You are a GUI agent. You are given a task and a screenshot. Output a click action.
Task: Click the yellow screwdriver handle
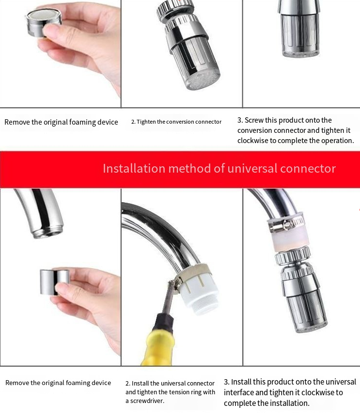click(x=157, y=347)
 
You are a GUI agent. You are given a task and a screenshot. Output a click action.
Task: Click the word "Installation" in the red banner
click(x=134, y=169)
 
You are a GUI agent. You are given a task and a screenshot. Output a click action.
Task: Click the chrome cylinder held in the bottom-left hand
click(x=55, y=282)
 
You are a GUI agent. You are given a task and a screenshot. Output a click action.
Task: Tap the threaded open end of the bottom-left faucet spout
click(x=47, y=232)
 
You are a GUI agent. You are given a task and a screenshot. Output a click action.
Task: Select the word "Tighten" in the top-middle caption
click(x=146, y=122)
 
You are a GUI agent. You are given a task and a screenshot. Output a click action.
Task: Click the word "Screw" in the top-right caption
click(x=254, y=120)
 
